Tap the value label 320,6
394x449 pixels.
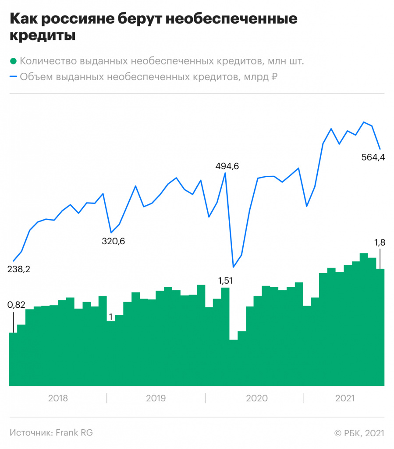click(x=113, y=241)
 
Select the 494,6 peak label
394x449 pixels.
click(x=230, y=166)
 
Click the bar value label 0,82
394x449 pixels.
click(x=17, y=305)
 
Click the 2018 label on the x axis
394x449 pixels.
click(x=58, y=399)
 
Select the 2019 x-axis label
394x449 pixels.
click(x=156, y=399)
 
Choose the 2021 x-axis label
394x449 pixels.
click(x=344, y=399)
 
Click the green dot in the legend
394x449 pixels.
click(x=13, y=61)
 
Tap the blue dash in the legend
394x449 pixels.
click(x=13, y=77)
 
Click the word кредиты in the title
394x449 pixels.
click(x=42, y=36)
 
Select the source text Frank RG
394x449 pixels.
click(x=74, y=433)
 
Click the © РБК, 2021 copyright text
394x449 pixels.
click(x=359, y=433)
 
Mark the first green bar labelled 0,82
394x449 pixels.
click(x=13, y=360)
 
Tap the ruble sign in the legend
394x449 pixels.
click(x=275, y=77)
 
